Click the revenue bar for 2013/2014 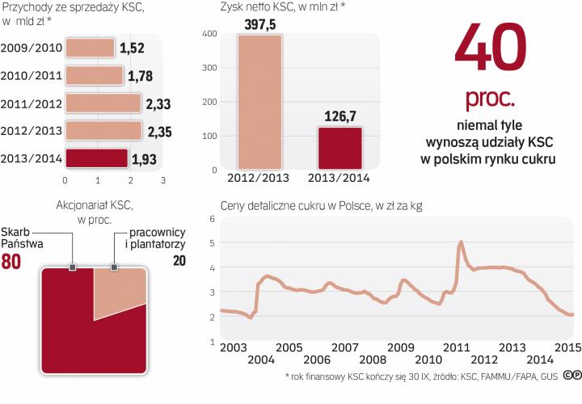pyautogui.click(x=96, y=158)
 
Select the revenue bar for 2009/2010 pyautogui.click(x=90, y=48)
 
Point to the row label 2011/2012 pyautogui.click(x=32, y=103)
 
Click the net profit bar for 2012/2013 pyautogui.click(x=259, y=102)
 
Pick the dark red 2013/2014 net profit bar pyautogui.click(x=340, y=148)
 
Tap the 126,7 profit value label pyautogui.click(x=340, y=117)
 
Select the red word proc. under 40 pyautogui.click(x=490, y=99)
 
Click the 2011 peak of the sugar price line pyautogui.click(x=461, y=242)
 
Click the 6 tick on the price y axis pyautogui.click(x=212, y=219)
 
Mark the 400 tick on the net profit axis pyautogui.click(x=209, y=33)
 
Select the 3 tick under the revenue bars pyautogui.click(x=162, y=180)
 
